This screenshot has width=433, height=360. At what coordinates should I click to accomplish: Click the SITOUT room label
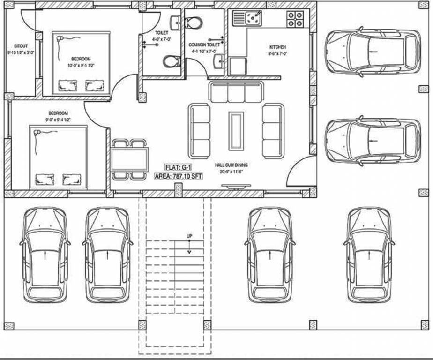point(20,47)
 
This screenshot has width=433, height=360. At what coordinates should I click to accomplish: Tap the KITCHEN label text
point(277,47)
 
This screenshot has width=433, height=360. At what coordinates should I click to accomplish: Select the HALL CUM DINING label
point(231,165)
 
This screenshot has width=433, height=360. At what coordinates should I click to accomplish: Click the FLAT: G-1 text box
point(178,167)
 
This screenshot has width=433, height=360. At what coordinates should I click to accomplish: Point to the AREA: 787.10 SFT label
point(178,177)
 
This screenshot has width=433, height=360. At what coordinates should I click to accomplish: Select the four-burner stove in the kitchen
point(295,19)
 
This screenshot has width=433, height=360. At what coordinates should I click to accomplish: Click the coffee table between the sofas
point(236,130)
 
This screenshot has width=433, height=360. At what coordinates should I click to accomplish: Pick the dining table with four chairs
point(130,159)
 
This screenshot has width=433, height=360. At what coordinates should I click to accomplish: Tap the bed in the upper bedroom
point(81,63)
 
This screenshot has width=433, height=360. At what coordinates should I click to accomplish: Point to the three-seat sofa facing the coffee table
point(236,92)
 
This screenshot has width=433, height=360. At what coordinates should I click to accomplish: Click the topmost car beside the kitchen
point(373,52)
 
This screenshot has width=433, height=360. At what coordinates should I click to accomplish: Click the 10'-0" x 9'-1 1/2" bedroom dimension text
point(81,66)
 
